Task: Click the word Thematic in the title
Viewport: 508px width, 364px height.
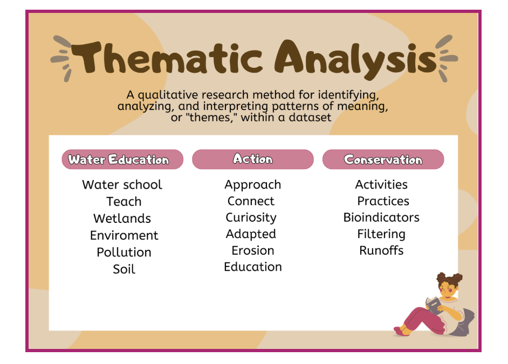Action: (167, 58)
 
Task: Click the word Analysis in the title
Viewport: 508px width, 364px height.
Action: (355, 60)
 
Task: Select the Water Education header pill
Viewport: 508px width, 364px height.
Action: (122, 159)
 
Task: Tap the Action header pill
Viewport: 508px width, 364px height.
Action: (253, 159)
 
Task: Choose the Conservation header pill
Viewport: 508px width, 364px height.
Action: (383, 159)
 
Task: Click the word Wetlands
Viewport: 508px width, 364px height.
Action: (122, 219)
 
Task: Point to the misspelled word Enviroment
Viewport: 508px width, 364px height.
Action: (124, 235)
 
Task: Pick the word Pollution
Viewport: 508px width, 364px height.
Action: (124, 252)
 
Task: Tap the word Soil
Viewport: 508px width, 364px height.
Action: (124, 269)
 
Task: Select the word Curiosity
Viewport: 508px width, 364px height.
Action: (251, 218)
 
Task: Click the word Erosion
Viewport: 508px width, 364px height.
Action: (253, 250)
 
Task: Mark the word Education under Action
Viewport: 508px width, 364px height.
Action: (253, 267)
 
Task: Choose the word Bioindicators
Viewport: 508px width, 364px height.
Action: (381, 218)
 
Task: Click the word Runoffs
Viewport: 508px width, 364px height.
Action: (381, 250)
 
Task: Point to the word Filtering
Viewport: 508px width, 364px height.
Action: (381, 234)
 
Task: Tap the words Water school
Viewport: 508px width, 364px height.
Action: (122, 185)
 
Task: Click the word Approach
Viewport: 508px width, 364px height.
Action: (253, 185)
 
